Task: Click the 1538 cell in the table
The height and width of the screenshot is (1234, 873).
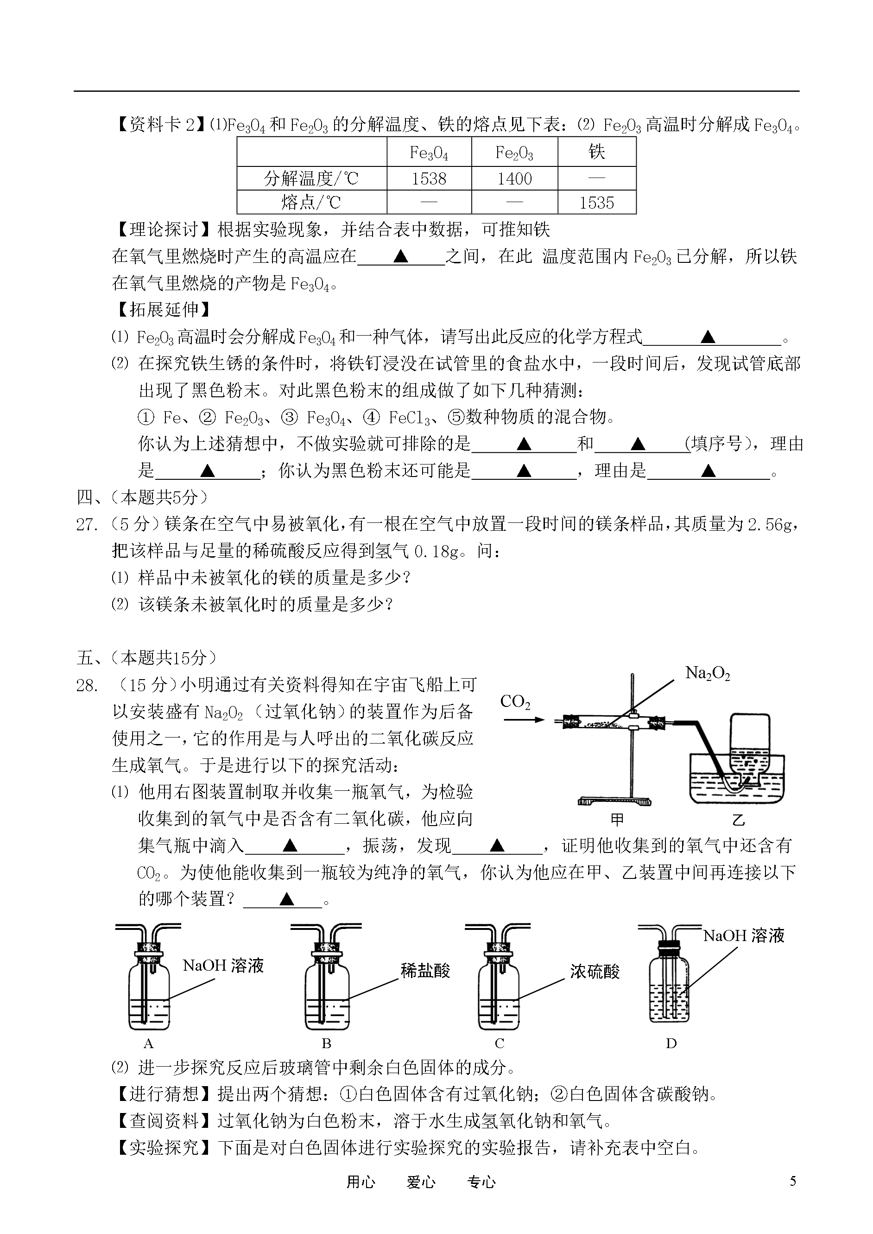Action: (x=429, y=178)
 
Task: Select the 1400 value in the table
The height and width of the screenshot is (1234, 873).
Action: (x=514, y=178)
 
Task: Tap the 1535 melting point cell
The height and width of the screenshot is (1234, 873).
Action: (x=597, y=203)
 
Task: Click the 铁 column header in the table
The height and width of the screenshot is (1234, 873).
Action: (x=597, y=152)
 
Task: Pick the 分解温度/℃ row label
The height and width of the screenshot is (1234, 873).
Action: (x=311, y=178)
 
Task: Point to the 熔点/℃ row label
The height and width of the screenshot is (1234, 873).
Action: (x=311, y=203)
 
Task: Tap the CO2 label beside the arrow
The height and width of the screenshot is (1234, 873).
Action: (x=515, y=702)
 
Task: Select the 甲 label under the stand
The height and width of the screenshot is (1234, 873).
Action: (x=617, y=820)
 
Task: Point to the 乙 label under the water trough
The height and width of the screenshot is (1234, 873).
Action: (x=739, y=820)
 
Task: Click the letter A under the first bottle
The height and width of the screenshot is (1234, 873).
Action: (x=149, y=1043)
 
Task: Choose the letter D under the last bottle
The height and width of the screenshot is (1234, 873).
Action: (x=671, y=1043)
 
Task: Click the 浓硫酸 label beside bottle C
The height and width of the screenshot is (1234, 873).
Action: (x=595, y=971)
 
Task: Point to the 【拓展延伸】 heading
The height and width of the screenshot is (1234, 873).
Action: (x=160, y=310)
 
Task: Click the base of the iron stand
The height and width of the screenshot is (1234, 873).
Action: (x=614, y=801)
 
